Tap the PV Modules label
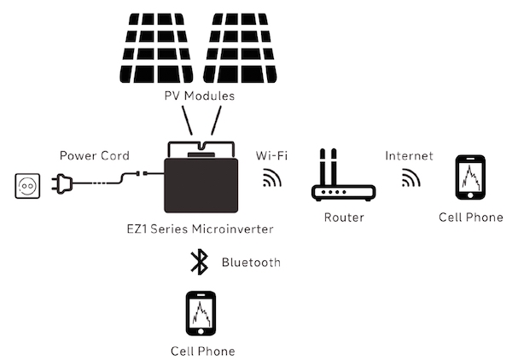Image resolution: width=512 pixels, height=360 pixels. tap(199, 96)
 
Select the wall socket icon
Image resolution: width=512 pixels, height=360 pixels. tap(28, 185)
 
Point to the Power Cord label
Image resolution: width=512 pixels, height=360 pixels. tap(94, 156)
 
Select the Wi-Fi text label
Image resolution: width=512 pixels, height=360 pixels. tap(272, 156)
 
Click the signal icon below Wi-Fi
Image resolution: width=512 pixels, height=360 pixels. tap(272, 178)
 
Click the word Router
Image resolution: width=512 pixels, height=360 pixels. tap(344, 218)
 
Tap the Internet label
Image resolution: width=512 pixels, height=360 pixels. tap(409, 156)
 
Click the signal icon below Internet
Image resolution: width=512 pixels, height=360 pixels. tap(412, 178)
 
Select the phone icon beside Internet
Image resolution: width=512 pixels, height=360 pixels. tap(470, 177)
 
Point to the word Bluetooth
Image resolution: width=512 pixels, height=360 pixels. tap(250, 263)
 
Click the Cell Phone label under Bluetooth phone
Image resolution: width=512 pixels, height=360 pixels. tap(202, 351)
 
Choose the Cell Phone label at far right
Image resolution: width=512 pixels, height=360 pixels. tap(471, 218)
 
